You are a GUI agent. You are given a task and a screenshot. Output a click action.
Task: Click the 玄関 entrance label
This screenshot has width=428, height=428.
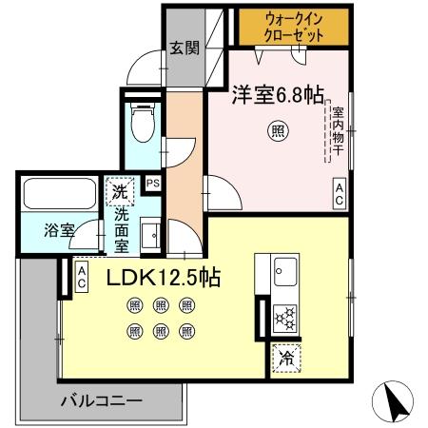(185, 47)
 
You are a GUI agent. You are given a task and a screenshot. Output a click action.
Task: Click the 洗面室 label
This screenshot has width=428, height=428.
(121, 228)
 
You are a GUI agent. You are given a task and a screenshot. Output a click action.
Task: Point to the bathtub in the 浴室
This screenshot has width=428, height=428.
(58, 198)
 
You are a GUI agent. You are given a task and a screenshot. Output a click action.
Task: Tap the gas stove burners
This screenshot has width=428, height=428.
(284, 318)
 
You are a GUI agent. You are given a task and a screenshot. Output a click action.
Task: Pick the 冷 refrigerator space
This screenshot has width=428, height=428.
(285, 360)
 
